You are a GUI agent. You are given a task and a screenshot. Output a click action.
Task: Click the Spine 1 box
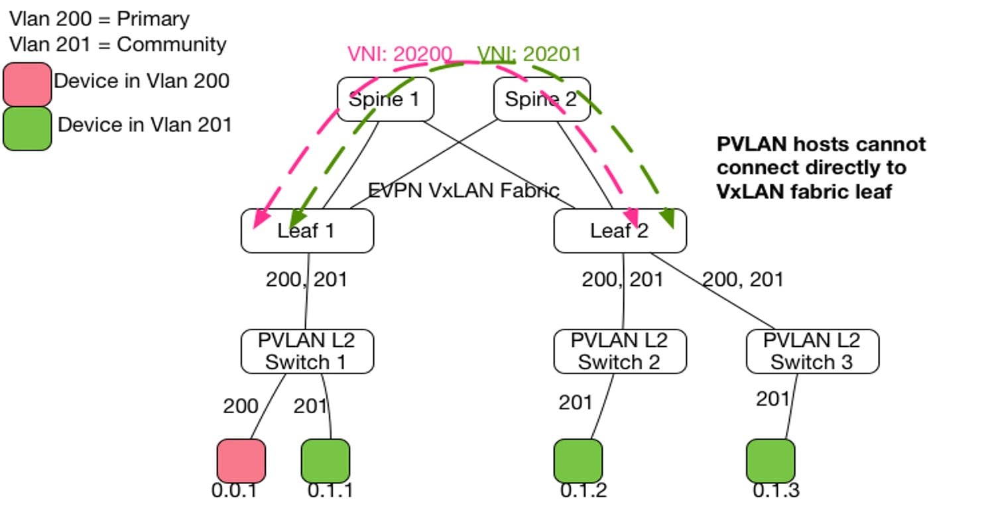(385, 99)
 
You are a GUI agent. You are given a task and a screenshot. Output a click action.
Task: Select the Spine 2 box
(542, 99)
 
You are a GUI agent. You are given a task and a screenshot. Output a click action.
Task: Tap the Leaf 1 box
(307, 231)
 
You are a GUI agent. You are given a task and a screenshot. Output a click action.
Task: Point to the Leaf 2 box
(620, 231)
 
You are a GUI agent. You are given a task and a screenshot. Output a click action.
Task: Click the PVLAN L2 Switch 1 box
(307, 351)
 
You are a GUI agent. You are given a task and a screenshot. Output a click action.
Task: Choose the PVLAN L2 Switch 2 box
(620, 351)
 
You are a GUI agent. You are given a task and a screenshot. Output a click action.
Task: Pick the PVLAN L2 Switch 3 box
(812, 351)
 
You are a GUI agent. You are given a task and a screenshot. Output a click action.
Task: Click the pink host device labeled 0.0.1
(241, 461)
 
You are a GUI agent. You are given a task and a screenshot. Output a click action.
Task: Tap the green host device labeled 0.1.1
(326, 461)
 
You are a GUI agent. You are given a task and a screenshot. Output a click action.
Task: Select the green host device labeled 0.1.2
(578, 461)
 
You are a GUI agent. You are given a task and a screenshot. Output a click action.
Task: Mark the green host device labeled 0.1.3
(770, 461)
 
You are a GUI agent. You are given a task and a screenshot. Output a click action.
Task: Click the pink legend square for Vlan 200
(27, 84)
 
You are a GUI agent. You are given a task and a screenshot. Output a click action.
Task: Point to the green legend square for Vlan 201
(27, 129)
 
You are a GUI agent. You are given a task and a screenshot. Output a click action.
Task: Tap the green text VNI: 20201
(529, 54)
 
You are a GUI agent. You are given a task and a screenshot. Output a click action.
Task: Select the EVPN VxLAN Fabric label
(463, 191)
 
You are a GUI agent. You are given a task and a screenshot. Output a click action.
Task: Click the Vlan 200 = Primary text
(99, 19)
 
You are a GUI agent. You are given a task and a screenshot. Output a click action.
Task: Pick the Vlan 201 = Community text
(118, 44)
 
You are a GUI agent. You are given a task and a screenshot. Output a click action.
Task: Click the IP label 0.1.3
(776, 491)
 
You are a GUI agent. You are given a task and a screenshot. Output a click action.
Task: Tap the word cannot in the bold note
(888, 145)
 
